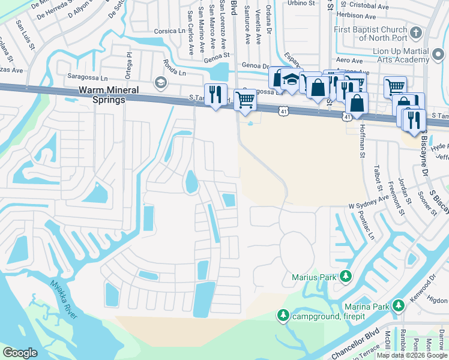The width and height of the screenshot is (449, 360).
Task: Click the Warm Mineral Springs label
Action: click(100, 95)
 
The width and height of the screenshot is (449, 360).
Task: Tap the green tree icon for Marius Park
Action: click(346, 276)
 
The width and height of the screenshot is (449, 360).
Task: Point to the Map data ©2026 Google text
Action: click(411, 355)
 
